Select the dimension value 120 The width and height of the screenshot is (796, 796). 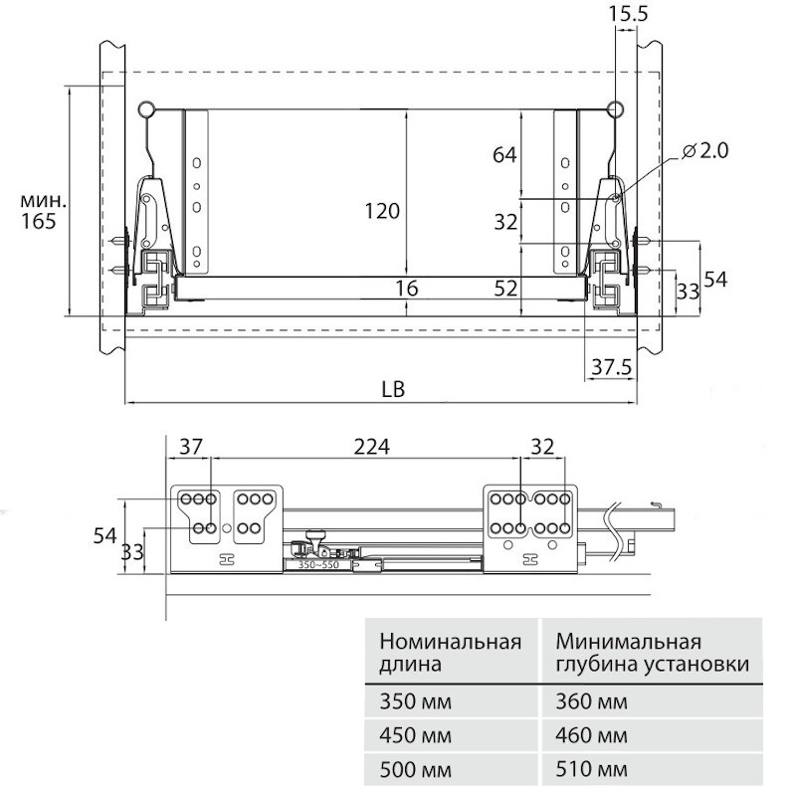coord(381,212)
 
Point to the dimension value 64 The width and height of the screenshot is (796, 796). coord(505,154)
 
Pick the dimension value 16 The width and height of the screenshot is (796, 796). coord(406,289)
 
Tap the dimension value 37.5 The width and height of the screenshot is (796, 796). coord(611,367)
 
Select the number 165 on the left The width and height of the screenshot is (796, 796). coord(38,221)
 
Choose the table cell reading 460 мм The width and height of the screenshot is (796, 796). coord(592,736)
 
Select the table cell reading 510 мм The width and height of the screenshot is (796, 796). coord(592,770)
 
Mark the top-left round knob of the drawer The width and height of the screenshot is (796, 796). coord(148,107)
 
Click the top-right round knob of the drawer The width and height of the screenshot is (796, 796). coord(616,107)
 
